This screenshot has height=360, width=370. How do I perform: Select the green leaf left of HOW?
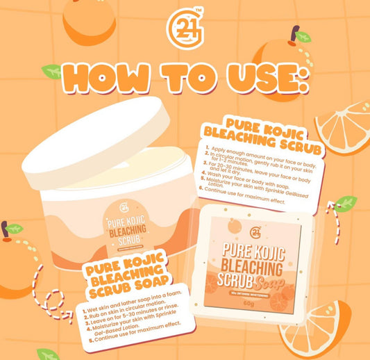click(51, 71)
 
